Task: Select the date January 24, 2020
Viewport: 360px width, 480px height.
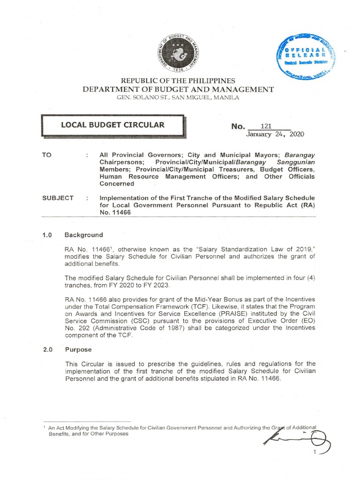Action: [x=275, y=134]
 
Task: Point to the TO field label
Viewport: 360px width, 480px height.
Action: [x=46, y=154]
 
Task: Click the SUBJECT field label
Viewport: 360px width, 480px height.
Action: [x=58, y=198]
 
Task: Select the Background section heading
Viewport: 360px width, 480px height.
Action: [x=83, y=235]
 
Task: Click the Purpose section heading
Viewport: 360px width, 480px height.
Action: [x=78, y=350]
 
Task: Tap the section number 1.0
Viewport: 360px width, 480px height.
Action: [x=47, y=235]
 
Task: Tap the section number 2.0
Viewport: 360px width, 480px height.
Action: [x=47, y=350]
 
